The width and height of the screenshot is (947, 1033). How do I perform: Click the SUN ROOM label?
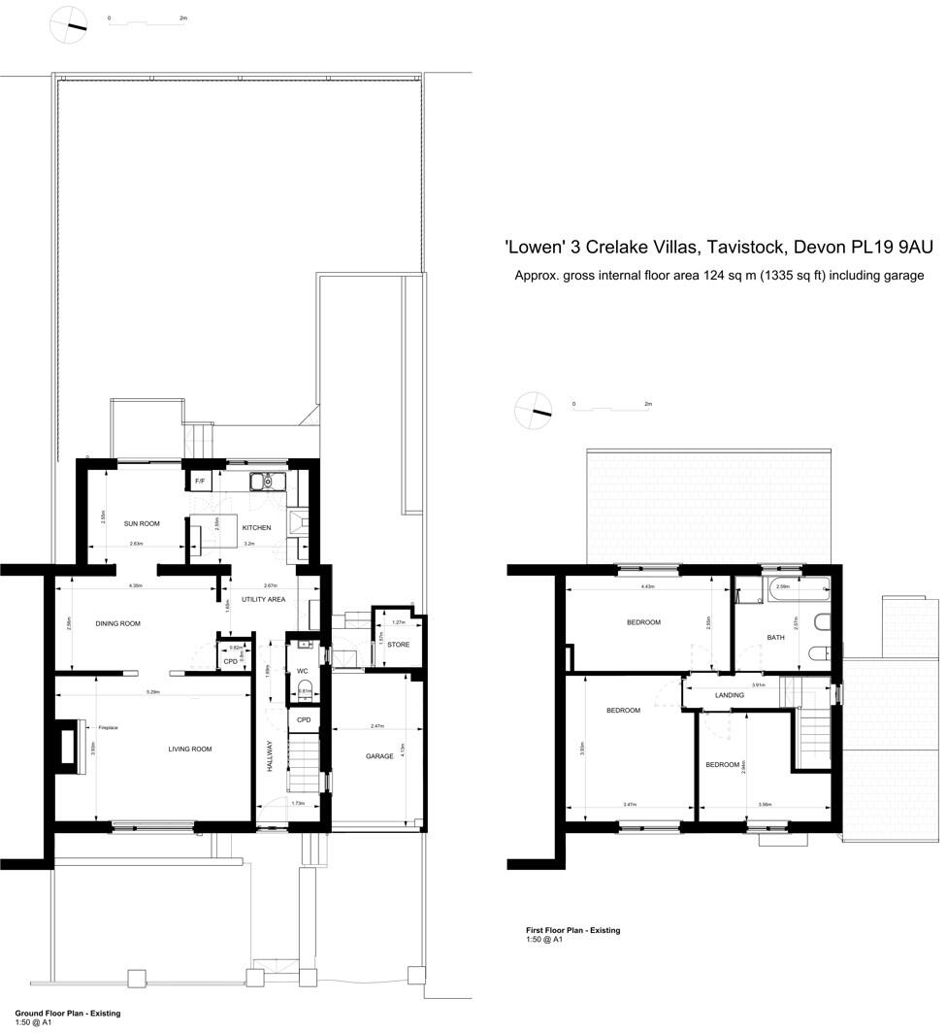coord(141,523)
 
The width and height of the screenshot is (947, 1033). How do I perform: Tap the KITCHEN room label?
coord(256,528)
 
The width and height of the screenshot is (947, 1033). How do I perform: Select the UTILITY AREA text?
coord(263,600)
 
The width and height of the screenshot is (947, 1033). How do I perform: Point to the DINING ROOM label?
coord(117,623)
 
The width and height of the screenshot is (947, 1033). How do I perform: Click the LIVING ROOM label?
coord(189,749)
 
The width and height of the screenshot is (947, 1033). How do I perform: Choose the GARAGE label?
coord(378,756)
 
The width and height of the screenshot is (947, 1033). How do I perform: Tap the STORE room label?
coord(398,644)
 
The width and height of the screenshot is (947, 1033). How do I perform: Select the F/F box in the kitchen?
coord(200,481)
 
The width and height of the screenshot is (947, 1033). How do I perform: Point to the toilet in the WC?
coord(305,690)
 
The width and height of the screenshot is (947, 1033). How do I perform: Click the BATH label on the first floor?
coord(775,638)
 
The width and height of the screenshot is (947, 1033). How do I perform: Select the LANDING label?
coord(729,695)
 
